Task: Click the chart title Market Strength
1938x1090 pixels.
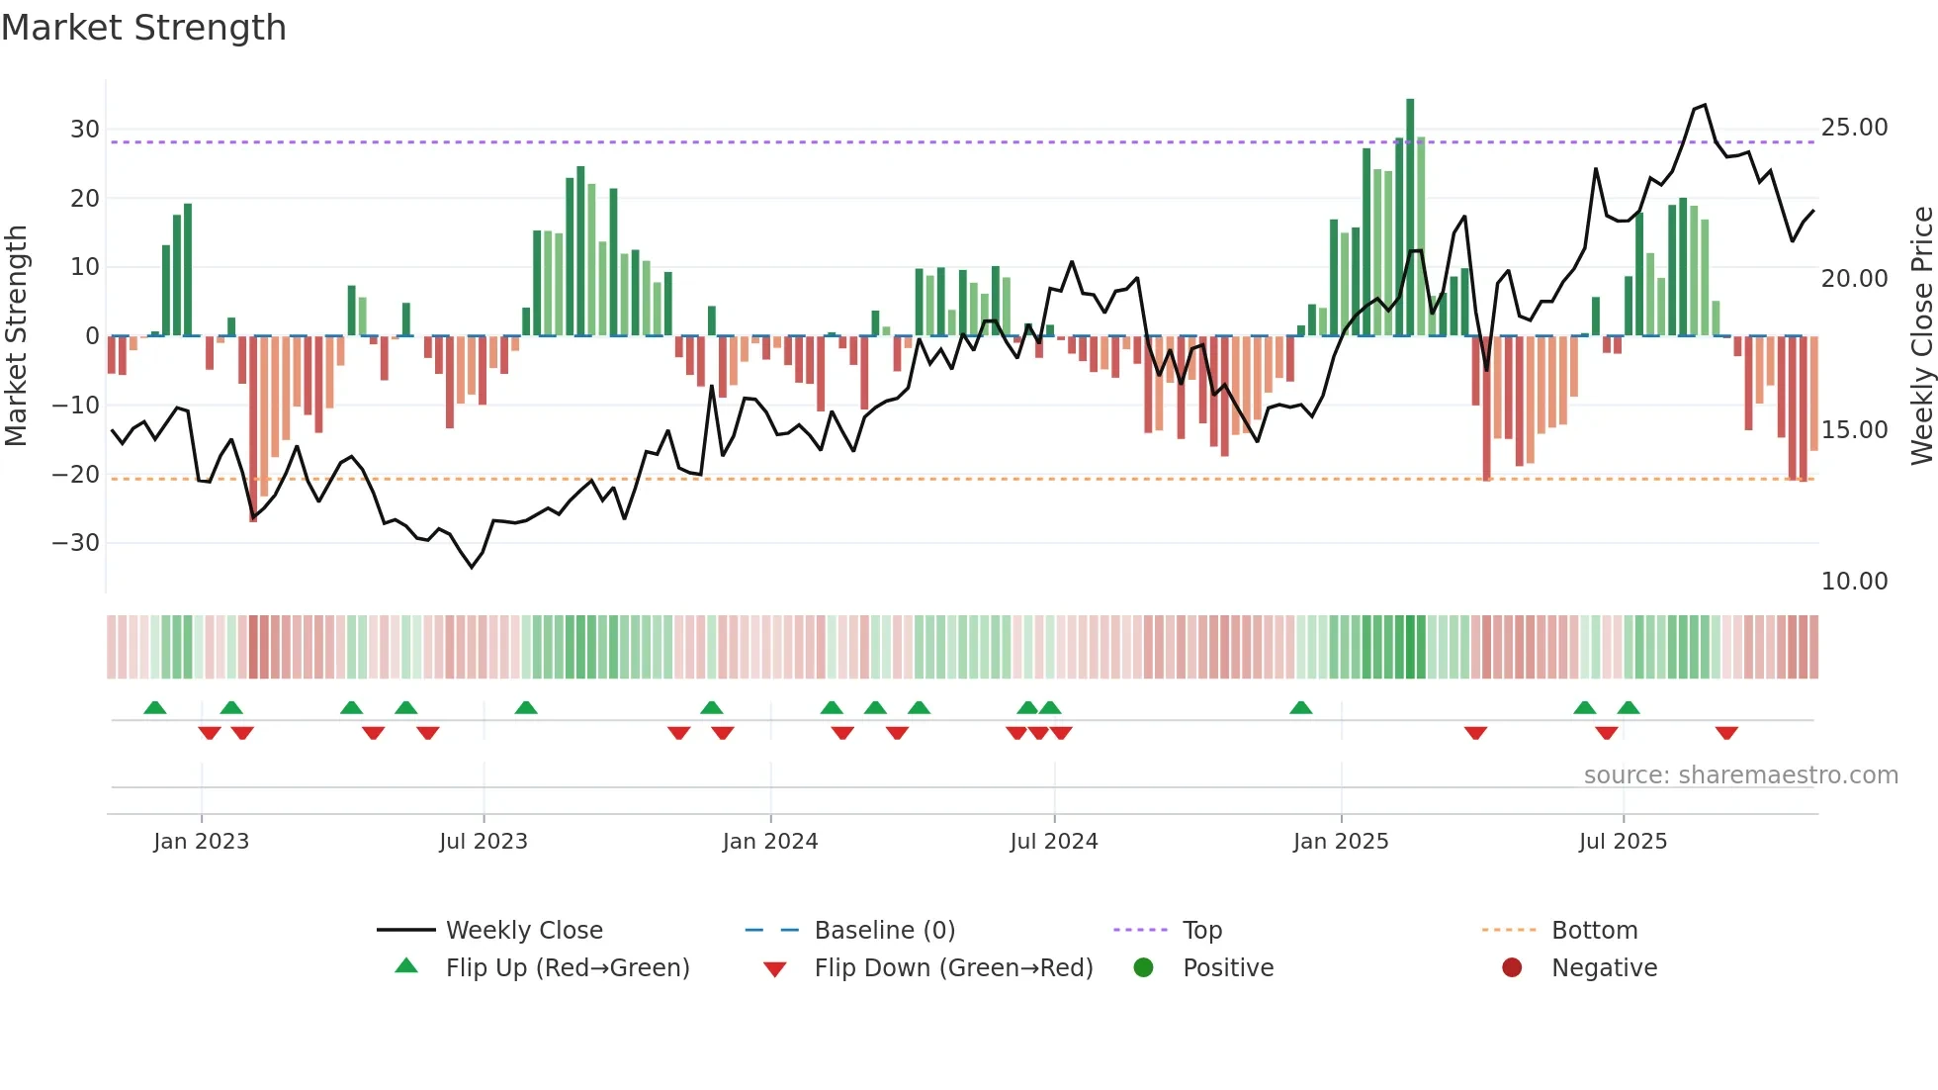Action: pyautogui.click(x=143, y=28)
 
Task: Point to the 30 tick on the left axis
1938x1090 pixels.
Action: pyautogui.click(x=84, y=130)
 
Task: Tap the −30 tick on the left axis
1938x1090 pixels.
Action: pyautogui.click(x=76, y=543)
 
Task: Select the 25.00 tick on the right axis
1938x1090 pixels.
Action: pyautogui.click(x=1854, y=128)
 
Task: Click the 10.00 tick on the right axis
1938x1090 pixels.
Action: pyautogui.click(x=1854, y=582)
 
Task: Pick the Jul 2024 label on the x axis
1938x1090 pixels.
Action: pyautogui.click(x=1053, y=842)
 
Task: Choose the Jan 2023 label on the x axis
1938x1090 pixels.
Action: pyautogui.click(x=201, y=842)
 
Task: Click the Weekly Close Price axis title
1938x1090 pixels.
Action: pyautogui.click(x=1921, y=336)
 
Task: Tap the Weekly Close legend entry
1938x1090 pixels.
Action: pyautogui.click(x=523, y=931)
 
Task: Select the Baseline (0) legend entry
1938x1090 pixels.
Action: pyautogui.click(x=884, y=931)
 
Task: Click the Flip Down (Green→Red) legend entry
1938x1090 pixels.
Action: pyautogui.click(x=953, y=968)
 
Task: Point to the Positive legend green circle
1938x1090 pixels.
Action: pyautogui.click(x=1143, y=968)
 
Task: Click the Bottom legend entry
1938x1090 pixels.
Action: pyautogui.click(x=1594, y=931)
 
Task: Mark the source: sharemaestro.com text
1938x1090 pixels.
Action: pyautogui.click(x=1740, y=775)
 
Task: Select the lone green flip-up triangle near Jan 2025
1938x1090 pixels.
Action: pyautogui.click(x=1301, y=707)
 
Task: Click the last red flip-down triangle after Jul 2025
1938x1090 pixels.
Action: pyautogui.click(x=1726, y=733)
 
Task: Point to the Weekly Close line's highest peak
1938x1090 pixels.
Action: pyautogui.click(x=1704, y=105)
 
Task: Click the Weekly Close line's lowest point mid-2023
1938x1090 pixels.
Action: pyautogui.click(x=472, y=567)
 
